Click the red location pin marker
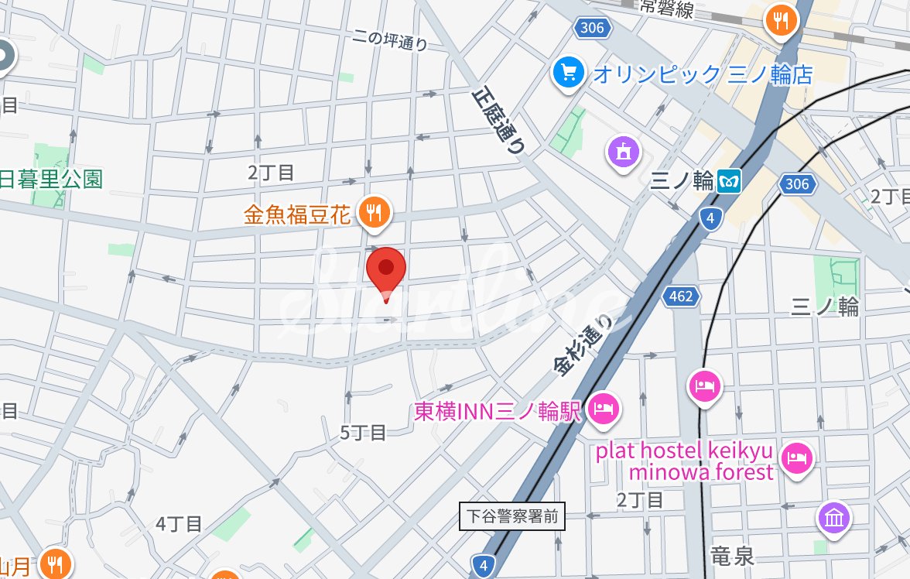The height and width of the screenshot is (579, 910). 386,272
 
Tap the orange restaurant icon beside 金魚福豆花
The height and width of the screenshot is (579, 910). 375,212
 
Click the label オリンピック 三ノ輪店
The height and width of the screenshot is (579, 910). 703,74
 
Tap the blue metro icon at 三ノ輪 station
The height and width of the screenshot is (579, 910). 729,181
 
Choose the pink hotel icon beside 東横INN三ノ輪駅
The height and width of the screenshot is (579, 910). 604,409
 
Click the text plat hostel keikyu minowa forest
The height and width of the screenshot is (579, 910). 684,461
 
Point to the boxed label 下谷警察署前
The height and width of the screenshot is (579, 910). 512,516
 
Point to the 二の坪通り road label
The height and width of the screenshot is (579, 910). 389,39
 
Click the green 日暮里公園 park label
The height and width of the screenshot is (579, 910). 51,180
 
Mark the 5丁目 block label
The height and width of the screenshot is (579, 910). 363,433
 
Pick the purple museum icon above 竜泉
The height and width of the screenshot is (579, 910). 833,518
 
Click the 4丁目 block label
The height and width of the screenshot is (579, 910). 179,524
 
